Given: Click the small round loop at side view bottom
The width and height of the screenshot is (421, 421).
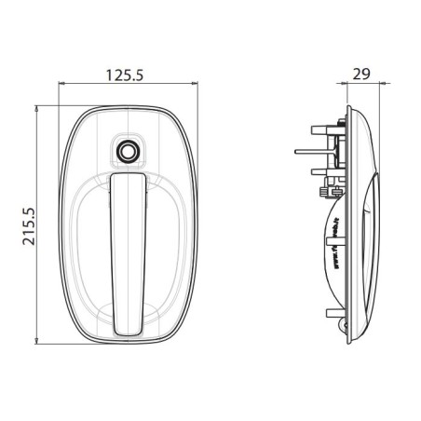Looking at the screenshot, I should point(346,327).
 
